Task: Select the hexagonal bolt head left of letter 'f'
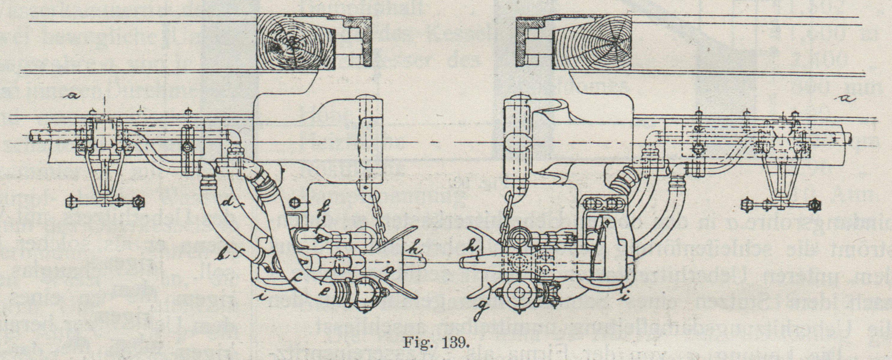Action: (295, 202)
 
